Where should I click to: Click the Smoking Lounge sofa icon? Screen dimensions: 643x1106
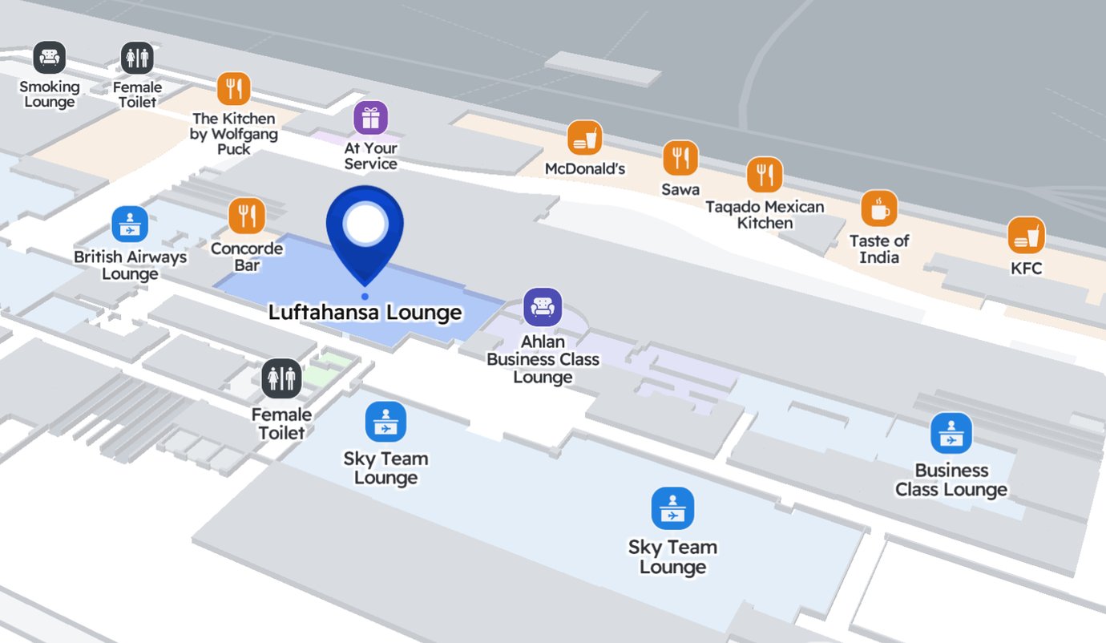point(50,58)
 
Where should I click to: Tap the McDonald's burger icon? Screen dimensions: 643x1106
point(584,138)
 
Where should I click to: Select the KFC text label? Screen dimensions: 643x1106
point(1026,269)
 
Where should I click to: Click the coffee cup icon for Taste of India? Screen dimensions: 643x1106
point(879,208)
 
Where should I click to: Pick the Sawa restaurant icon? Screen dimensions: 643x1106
point(680,158)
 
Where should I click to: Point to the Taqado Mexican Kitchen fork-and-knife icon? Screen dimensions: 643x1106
point(765,175)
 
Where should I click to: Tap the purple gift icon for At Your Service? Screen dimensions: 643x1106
point(370,118)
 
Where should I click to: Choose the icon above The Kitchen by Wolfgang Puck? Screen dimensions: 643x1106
point(234,88)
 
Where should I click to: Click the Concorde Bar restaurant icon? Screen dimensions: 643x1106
point(247,215)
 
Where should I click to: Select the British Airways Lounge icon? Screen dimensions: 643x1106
point(130,224)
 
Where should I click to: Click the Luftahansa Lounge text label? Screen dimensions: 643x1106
point(365,312)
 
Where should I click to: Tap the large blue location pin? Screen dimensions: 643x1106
point(365,229)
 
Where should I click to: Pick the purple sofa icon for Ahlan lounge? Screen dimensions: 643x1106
point(543,307)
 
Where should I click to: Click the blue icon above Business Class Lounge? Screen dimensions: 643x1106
point(951,433)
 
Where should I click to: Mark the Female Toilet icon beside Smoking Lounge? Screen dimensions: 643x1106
point(137,58)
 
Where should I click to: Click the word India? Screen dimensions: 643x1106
point(879,257)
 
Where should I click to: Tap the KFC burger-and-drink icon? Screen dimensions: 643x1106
point(1026,236)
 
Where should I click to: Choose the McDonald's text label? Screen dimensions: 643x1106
point(584,169)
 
